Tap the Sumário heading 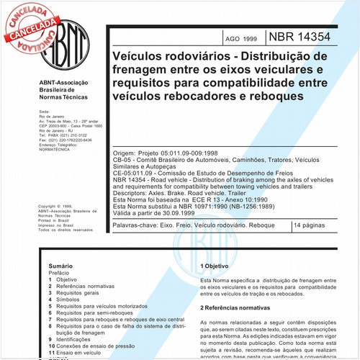click(x=50, y=266)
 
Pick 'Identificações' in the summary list click(x=69, y=338)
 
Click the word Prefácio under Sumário click(x=51, y=274)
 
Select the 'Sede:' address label click(x=44, y=112)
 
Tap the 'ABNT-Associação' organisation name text click(x=64, y=83)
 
